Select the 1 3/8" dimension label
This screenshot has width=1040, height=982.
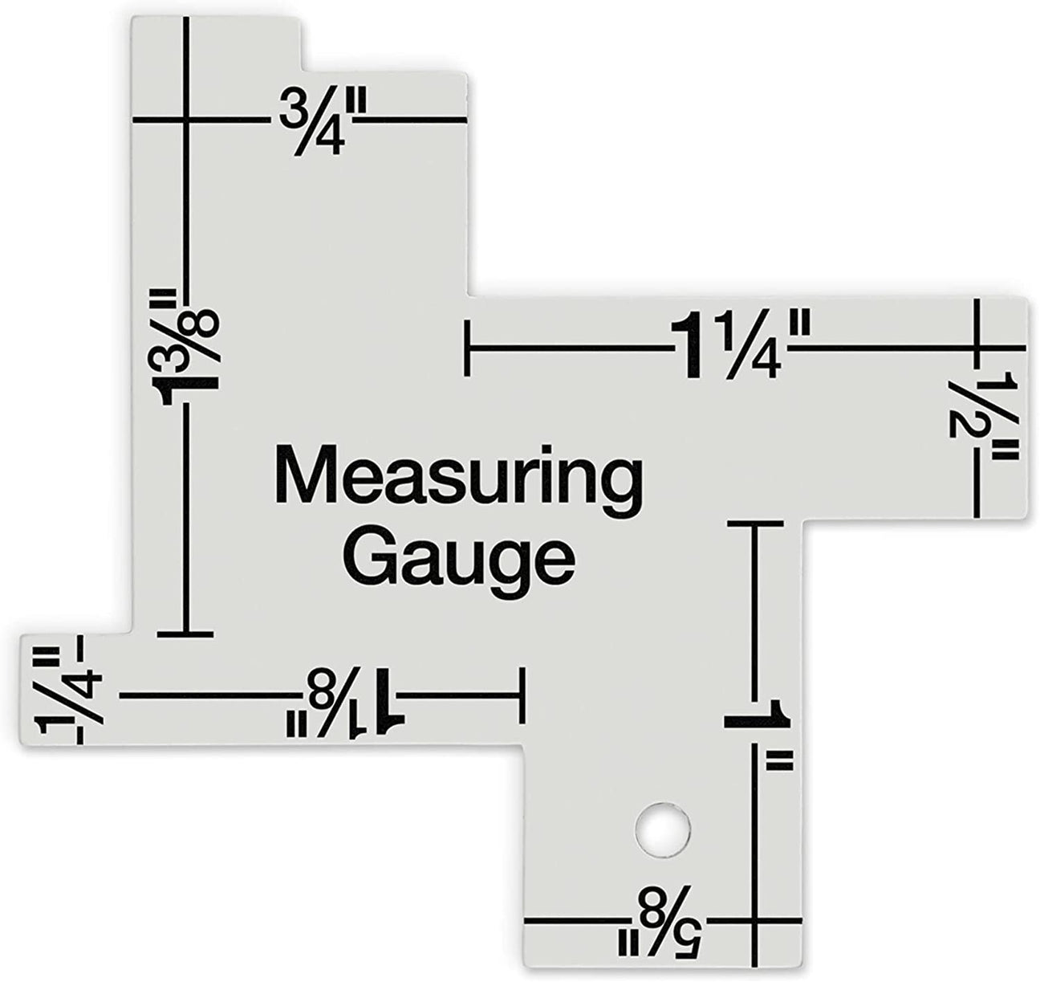click(x=189, y=348)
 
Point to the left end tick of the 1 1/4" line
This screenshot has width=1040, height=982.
click(x=467, y=348)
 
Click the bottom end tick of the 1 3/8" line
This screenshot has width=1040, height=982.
click(x=185, y=634)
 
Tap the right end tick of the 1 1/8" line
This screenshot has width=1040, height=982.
click(x=522, y=696)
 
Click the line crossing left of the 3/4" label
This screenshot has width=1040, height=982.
click(x=186, y=121)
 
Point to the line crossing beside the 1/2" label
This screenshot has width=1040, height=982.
click(x=976, y=348)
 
